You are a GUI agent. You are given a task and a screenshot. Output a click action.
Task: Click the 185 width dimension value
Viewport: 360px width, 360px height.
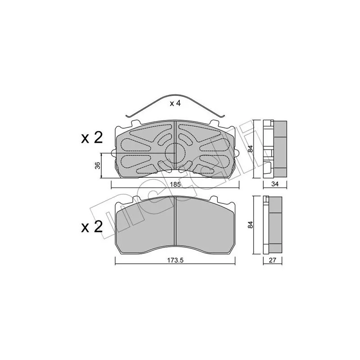(175, 184)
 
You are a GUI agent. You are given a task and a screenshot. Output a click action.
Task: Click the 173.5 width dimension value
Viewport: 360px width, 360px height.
(175, 260)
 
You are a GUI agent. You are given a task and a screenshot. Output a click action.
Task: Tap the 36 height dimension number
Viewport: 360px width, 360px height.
(98, 166)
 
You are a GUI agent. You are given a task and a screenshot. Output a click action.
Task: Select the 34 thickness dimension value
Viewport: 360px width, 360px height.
(275, 184)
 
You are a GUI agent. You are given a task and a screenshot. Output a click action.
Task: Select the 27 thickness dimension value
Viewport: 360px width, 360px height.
(272, 260)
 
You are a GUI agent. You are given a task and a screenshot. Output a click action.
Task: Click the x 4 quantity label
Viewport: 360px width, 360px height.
(175, 103)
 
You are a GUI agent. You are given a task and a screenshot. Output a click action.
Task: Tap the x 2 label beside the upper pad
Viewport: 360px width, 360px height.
(92, 138)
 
